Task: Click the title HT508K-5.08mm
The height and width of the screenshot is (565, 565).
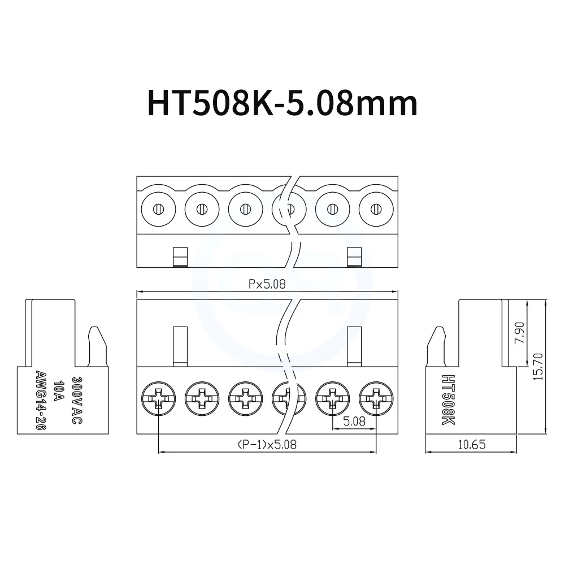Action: [275, 103]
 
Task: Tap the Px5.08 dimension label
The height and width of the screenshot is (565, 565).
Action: [267, 285]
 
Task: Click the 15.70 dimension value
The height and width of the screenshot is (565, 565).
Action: [538, 366]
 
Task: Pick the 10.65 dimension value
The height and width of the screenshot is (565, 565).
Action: [471, 445]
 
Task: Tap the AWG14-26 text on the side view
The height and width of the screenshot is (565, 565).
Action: [40, 402]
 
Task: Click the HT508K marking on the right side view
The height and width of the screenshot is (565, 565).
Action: [448, 401]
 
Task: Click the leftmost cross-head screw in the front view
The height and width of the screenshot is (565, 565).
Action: [159, 400]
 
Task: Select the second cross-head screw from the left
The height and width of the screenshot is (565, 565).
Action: [202, 400]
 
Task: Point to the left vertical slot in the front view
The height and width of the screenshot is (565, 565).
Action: [180, 345]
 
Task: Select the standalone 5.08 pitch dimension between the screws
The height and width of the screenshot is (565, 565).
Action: [354, 421]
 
